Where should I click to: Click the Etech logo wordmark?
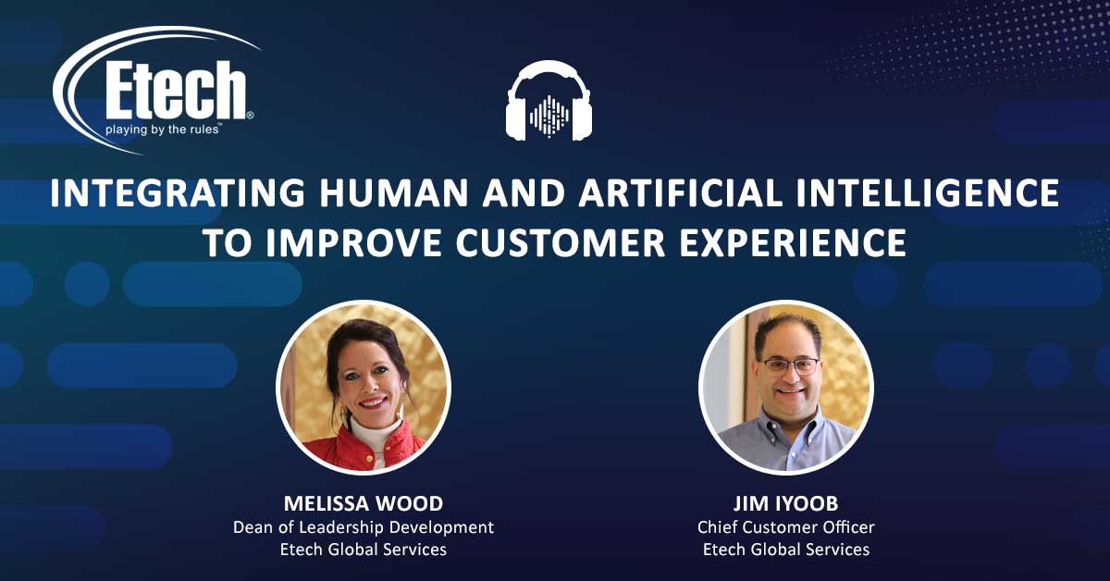(x=177, y=91)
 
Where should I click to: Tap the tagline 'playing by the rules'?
(x=162, y=130)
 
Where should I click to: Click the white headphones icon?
(x=549, y=100)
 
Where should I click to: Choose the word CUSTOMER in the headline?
(x=561, y=242)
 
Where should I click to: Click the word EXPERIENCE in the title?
(x=793, y=242)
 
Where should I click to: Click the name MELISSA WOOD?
(x=364, y=503)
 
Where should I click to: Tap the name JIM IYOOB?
(x=786, y=503)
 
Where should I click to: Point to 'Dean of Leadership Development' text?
(x=364, y=527)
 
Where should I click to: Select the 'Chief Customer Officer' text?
(x=786, y=527)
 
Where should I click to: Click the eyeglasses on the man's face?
(x=791, y=366)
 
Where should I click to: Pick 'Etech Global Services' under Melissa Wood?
(x=364, y=550)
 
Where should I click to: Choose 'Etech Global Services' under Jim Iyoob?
(x=786, y=550)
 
